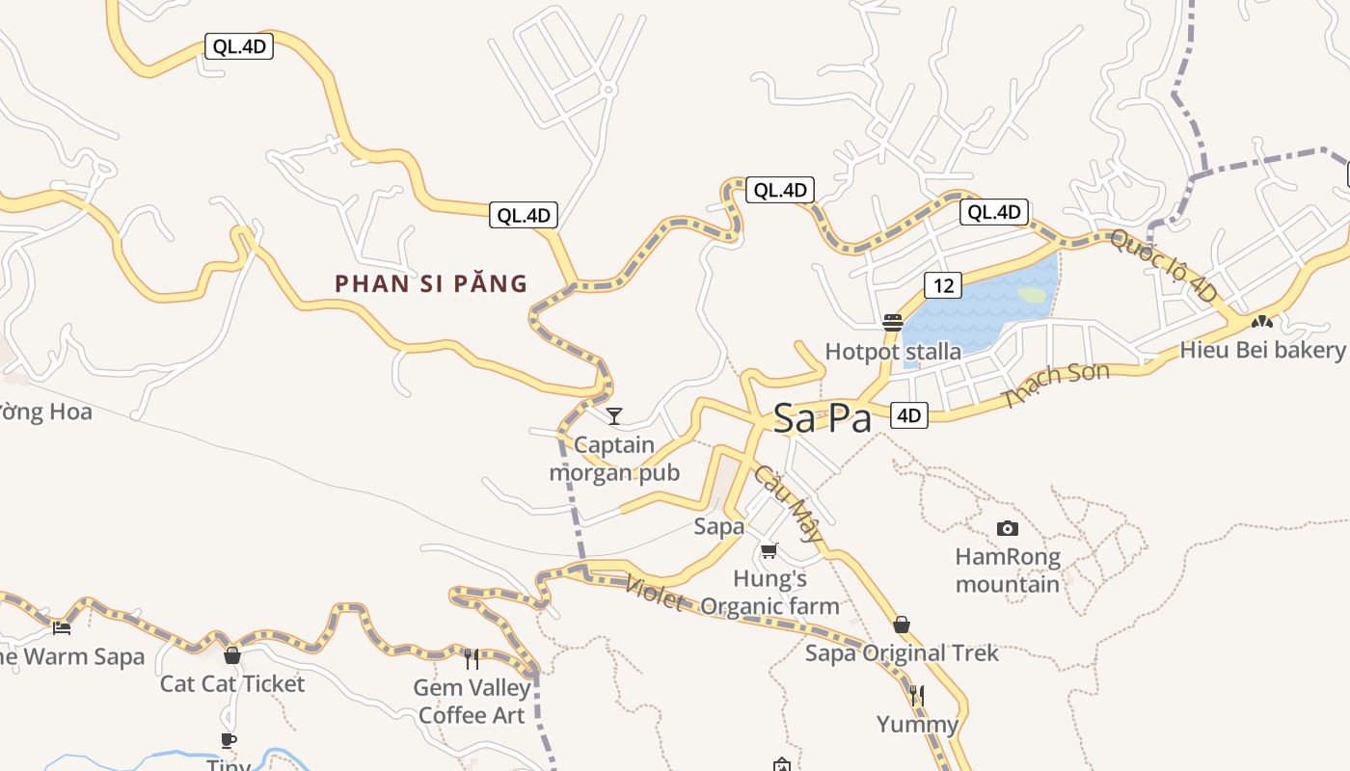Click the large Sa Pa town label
[x=823, y=419]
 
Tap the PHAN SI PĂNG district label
[x=431, y=283]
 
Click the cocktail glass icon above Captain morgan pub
[x=614, y=416]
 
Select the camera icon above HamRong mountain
[x=1008, y=528]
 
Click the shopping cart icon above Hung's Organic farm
[x=769, y=551]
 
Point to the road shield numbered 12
[x=943, y=285]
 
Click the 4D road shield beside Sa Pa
[x=908, y=415]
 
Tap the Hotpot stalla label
[x=893, y=351]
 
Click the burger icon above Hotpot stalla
[x=893, y=323]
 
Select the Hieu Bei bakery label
[x=1262, y=349]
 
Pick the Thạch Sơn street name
[x=1057, y=384]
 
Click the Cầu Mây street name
[x=789, y=503]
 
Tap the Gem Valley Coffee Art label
[x=472, y=701]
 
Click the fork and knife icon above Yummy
[x=917, y=695]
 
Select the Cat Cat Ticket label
[x=231, y=683]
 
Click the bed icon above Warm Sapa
[x=62, y=628]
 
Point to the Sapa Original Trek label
[x=902, y=652]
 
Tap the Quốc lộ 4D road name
[x=1163, y=266]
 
